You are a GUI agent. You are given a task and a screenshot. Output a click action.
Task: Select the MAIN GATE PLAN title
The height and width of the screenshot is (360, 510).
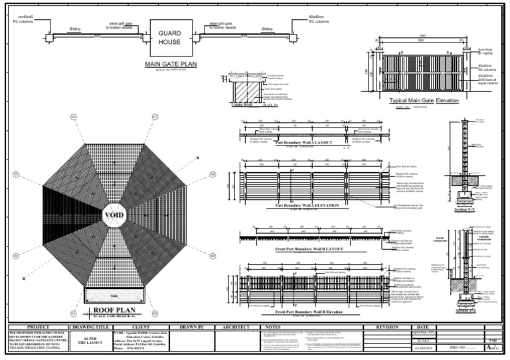171,64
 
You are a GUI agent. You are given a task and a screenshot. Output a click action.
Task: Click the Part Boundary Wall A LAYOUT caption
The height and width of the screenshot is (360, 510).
305,143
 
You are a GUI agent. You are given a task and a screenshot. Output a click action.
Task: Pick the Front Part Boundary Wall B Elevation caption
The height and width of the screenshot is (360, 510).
307,312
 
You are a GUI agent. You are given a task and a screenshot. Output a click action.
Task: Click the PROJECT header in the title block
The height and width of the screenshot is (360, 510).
37,327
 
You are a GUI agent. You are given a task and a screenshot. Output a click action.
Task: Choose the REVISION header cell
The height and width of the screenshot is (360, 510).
386,327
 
